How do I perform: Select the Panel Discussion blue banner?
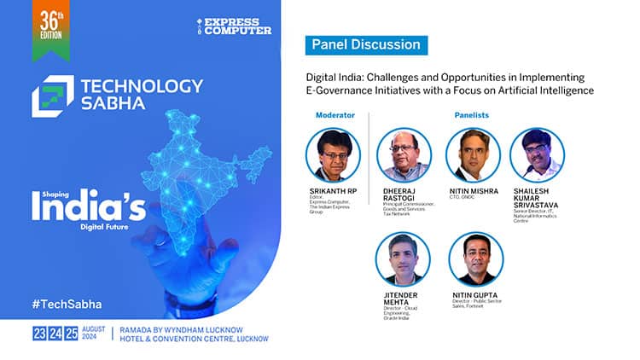tap(366, 44)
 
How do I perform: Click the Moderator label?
tap(335, 113)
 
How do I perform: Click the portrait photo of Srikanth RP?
tap(333, 154)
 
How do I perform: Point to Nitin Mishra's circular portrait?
tap(472, 154)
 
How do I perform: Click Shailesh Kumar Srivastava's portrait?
tap(537, 154)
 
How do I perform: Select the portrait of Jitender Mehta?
tap(404, 258)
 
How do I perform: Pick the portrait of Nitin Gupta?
tap(475, 258)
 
